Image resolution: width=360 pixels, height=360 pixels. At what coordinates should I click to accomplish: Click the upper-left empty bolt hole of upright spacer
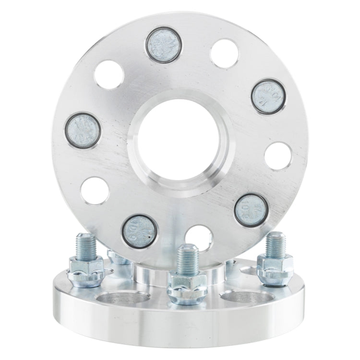click(x=109, y=75)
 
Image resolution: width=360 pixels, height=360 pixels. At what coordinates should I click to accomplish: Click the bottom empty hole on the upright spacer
click(x=199, y=237)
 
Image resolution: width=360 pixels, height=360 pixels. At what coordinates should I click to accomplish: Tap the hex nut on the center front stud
click(x=186, y=285)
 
